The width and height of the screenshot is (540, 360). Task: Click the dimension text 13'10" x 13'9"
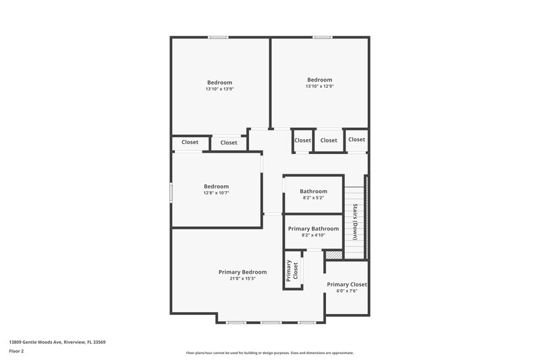point(219,89)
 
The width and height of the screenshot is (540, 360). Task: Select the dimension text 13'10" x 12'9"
point(319,86)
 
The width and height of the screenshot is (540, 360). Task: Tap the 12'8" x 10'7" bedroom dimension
point(217,193)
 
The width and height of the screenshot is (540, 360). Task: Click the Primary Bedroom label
point(242,272)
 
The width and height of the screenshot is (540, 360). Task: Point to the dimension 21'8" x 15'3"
point(242,278)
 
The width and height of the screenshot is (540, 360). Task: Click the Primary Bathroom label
point(313,228)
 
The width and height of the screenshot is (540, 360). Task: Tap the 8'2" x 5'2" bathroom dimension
point(313,198)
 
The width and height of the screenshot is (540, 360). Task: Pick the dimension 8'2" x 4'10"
point(313,235)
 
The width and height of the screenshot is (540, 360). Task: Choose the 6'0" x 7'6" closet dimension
point(347,291)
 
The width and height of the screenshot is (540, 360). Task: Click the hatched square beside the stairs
point(333,255)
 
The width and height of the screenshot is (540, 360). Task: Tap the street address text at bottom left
point(57,342)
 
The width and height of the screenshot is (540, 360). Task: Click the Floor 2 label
point(17,351)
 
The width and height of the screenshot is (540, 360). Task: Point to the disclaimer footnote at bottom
point(269,353)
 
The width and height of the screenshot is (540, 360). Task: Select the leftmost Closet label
point(190,143)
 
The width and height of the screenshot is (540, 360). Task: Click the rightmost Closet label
point(356,140)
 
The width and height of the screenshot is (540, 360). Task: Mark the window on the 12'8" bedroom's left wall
point(171,192)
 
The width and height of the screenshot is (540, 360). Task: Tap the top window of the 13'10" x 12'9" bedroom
point(321,37)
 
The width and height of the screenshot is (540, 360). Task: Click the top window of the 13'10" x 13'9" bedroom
point(217,37)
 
